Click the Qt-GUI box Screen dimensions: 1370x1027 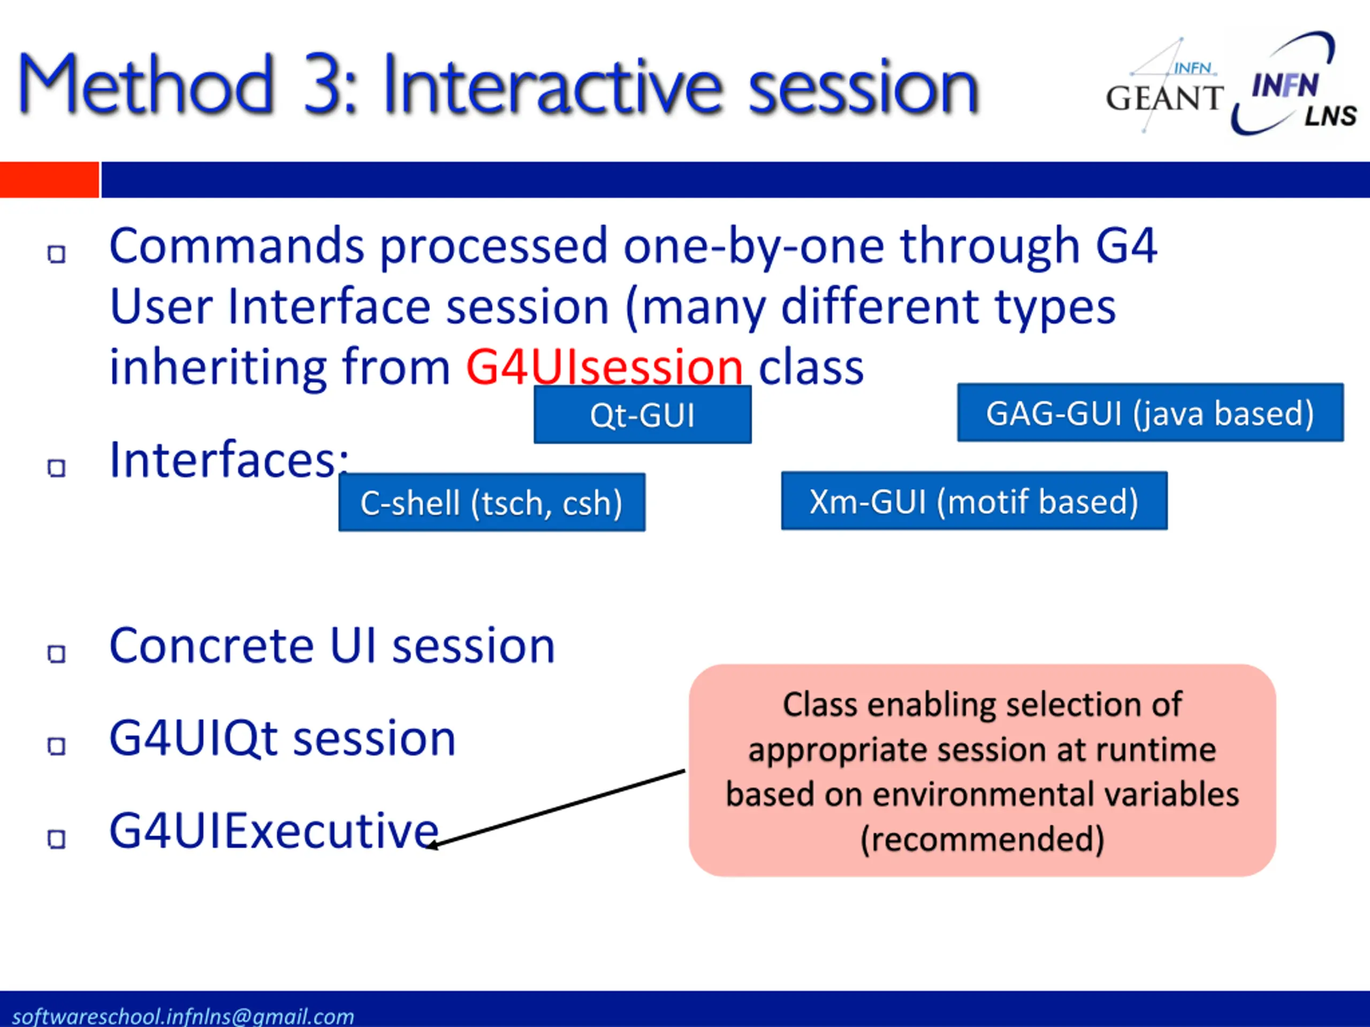tap(642, 414)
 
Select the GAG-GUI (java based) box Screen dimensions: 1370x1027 tap(1150, 412)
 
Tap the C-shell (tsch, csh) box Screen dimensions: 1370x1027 tap(492, 502)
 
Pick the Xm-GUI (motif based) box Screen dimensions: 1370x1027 tap(974, 501)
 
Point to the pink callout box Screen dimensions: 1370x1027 tap(983, 770)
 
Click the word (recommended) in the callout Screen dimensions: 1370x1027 tap(983, 839)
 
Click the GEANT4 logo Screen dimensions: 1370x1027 tap(1164, 86)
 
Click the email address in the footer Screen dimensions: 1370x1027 tap(184, 1016)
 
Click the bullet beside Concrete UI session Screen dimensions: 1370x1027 tap(56, 654)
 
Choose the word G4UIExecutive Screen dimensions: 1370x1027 tap(275, 831)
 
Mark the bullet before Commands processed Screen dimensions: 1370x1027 tap(56, 254)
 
